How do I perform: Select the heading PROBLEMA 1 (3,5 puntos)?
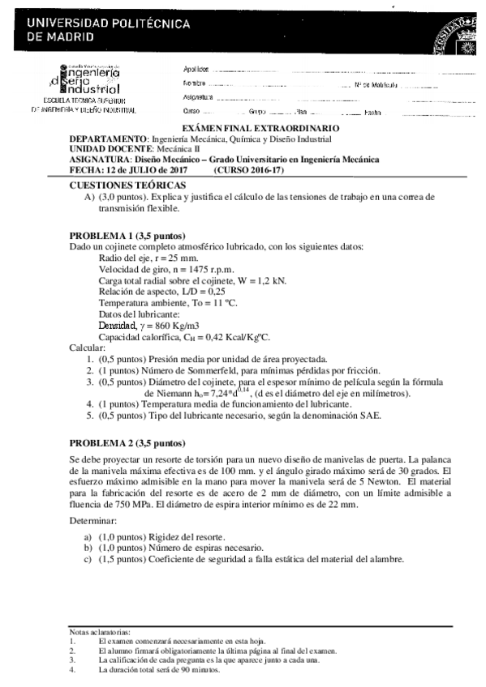tap(127, 236)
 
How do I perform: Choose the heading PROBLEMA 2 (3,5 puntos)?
tap(127, 443)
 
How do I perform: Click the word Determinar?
tap(96, 523)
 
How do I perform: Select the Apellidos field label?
tap(196, 69)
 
